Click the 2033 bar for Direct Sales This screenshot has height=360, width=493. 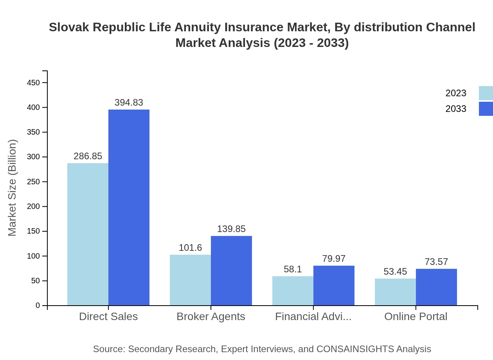point(129,207)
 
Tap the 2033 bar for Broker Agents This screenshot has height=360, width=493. point(231,270)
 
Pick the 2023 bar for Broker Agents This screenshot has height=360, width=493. point(190,280)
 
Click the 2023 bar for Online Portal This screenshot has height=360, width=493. point(395,292)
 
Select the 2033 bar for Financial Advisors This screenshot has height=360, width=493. point(334,286)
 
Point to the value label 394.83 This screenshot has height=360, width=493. point(129,103)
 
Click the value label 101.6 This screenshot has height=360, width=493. point(190,248)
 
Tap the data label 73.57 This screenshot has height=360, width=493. point(436,262)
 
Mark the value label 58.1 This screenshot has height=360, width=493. point(293,269)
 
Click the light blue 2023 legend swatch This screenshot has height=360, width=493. point(486,93)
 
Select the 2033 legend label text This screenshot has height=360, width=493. point(456,109)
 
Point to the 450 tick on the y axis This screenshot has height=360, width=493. point(33,83)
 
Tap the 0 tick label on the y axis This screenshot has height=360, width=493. point(38,306)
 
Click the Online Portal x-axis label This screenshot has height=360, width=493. point(416,317)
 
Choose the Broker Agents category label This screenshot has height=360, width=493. point(211,317)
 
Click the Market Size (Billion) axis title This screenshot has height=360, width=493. point(13,188)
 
